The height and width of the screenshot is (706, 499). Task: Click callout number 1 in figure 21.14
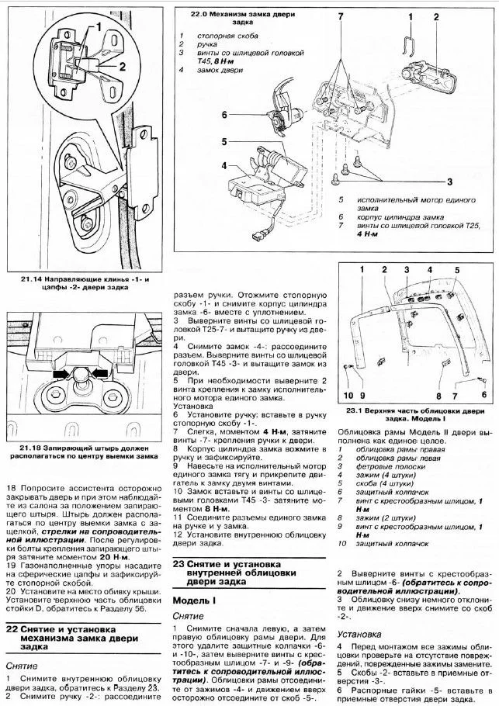(98, 27)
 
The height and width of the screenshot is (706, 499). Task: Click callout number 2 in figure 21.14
(121, 67)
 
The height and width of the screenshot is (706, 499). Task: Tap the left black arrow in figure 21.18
(61, 374)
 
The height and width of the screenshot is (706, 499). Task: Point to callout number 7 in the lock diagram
(341, 16)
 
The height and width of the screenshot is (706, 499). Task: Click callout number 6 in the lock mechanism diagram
(224, 115)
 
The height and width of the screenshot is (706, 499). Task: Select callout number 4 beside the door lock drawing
(224, 166)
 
